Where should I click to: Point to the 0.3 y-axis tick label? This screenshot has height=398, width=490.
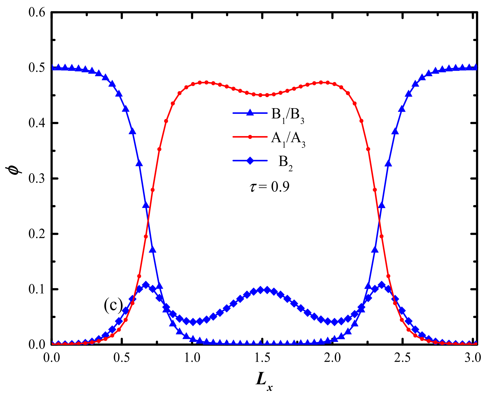(37, 179)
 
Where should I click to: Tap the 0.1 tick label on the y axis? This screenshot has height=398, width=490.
(37, 289)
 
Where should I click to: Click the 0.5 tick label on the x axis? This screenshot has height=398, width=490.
(122, 357)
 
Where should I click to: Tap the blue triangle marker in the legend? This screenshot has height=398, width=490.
(250, 113)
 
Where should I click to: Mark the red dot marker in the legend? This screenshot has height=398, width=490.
(250, 137)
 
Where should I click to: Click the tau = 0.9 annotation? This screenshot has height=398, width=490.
(269, 187)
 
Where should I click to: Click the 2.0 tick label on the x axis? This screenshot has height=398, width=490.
(332, 357)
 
